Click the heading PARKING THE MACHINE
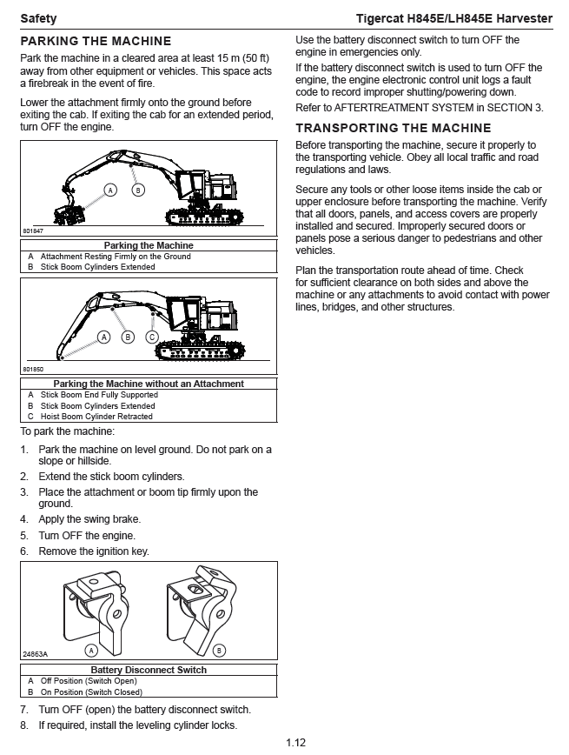coord(96,41)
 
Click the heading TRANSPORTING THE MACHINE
coord(394,128)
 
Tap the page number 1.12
coord(295,742)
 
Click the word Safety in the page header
coord(39,18)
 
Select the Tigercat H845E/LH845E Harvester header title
coord(454,18)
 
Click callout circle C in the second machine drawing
coord(152,337)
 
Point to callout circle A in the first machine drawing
coord(110,190)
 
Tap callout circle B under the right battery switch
coord(219,650)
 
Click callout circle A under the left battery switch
coord(90,650)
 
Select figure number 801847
coord(33,231)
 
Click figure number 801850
coord(33,369)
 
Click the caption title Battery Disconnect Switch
coord(149,670)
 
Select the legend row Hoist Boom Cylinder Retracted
coord(96,417)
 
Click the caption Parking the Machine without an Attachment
coord(149,384)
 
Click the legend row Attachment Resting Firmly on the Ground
coord(116,257)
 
